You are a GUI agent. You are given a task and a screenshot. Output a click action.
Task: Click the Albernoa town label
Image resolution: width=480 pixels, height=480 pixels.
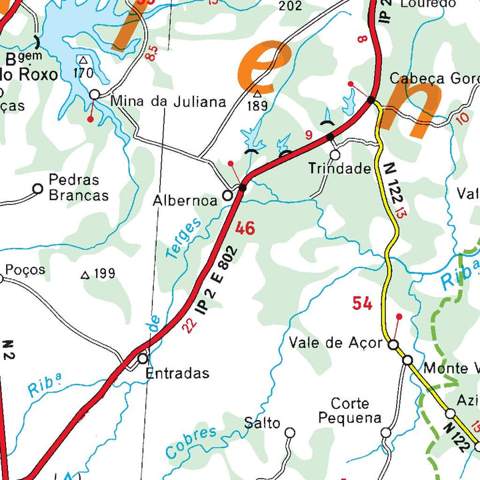185,200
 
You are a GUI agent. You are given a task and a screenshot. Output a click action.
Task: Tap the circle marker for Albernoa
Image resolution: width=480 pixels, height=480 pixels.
227,195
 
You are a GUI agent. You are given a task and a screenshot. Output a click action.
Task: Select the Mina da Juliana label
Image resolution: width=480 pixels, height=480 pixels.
169,102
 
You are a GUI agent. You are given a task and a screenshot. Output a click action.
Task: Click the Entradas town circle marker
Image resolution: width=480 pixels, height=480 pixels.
143,359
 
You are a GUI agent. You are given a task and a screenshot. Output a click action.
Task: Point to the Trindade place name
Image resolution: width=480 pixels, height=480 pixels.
339,169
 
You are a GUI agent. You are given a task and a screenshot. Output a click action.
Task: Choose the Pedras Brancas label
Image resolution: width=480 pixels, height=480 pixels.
78,187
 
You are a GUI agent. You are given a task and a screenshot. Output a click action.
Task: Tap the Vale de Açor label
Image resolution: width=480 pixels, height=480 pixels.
336,343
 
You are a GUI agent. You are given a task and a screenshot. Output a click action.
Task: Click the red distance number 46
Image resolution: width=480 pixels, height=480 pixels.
245,229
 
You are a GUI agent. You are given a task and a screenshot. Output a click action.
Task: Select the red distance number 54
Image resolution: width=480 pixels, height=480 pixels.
362,304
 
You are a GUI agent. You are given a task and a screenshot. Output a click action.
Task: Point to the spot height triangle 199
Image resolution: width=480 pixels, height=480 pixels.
85,275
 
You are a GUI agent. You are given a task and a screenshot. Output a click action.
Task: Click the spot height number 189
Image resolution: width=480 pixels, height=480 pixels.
257,105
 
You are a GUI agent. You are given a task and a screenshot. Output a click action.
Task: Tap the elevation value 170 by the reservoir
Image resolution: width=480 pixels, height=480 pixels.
83,73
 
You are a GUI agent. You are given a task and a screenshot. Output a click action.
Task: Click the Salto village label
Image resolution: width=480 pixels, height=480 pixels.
262,423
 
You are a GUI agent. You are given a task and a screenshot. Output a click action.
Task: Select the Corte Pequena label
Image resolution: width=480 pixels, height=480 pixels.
349,411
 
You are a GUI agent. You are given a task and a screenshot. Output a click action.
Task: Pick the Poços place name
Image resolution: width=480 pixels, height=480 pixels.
25,269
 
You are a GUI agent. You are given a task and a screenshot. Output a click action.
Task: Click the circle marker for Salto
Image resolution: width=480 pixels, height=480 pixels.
290,433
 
